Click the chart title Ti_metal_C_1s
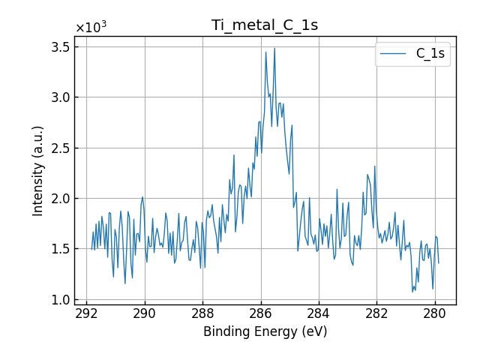265,25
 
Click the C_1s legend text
430,53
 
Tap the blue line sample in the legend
394,54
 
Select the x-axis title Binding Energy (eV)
265,331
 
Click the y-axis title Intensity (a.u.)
38,171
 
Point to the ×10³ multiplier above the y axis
91,28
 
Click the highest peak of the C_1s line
274,48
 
